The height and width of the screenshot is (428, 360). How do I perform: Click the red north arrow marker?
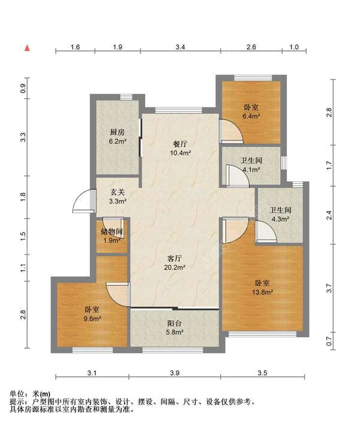tap(27, 48)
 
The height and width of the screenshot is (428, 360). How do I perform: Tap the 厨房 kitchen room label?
tap(118, 136)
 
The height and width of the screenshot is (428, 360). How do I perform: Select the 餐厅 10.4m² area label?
tap(181, 148)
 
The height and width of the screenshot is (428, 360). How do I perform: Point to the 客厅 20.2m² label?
tap(175, 262)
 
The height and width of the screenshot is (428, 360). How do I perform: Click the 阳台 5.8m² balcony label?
tap(175, 328)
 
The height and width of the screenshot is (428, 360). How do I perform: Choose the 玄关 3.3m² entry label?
tap(118, 197)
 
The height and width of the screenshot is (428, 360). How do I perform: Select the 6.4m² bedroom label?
tap(251, 112)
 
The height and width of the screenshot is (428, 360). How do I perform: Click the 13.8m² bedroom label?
tap(262, 288)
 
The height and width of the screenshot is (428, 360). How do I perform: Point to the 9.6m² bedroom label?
tap(92, 314)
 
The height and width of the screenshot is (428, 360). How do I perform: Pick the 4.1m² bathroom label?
tap(251, 164)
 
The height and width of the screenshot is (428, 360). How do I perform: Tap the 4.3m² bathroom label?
tap(280, 214)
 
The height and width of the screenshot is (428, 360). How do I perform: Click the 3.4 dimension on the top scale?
tap(180, 47)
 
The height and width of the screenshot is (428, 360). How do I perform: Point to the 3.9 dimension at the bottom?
tap(175, 373)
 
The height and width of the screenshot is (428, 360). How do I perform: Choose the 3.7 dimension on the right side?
tap(329, 288)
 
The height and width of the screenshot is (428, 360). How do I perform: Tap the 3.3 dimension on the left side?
tap(23, 137)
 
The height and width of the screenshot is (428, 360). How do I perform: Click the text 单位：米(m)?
tap(30, 394)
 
